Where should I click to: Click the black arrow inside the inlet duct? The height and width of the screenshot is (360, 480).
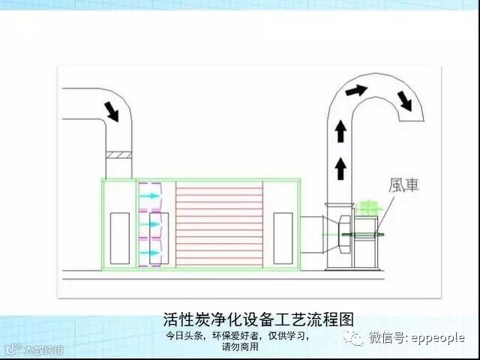[113, 111]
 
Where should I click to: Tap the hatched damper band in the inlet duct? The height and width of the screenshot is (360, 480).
[119, 155]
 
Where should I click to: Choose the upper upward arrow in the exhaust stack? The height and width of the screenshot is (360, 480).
[341, 133]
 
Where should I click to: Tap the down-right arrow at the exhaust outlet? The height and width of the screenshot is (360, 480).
[406, 100]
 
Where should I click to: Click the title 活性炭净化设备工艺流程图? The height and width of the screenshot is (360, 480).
[257, 318]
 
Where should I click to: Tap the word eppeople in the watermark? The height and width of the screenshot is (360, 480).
[439, 338]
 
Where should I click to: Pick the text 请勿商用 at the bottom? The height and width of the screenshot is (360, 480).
[240, 347]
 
